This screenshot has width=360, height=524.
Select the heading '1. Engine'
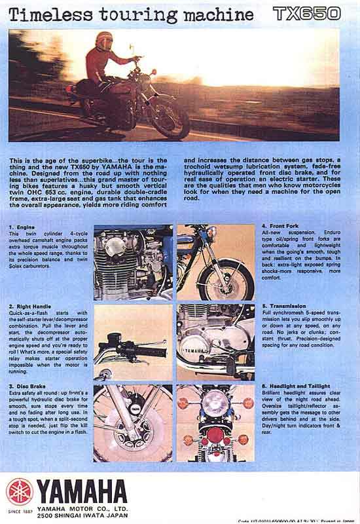tap(23, 226)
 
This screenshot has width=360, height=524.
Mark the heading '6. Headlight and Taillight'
tap(296, 386)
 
